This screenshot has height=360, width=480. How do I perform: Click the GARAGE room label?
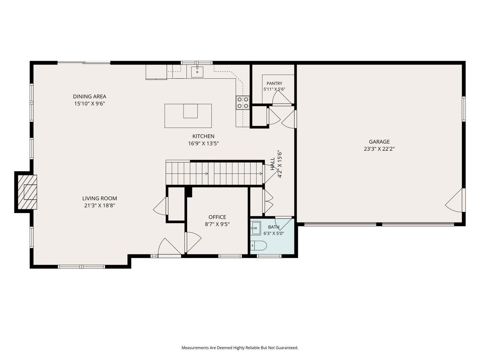[379, 142]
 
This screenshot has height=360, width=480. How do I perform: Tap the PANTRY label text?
[274, 83]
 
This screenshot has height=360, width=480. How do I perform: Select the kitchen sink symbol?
[197, 72]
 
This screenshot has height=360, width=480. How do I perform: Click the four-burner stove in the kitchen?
[243, 102]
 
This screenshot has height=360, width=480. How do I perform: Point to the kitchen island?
[188, 115]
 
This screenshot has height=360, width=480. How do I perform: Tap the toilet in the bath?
[258, 246]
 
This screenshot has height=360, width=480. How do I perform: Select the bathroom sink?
[256, 228]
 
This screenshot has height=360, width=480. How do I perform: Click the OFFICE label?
[217, 217]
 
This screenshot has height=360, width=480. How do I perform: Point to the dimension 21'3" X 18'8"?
[100, 205]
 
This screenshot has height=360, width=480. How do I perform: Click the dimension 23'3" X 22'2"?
[379, 149]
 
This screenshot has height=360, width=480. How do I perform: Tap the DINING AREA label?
[90, 96]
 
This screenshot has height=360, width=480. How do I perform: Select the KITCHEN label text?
[203, 136]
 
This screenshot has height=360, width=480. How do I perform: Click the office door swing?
[193, 242]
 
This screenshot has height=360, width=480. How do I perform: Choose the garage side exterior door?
[455, 200]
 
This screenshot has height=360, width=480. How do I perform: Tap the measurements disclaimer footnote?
[240, 348]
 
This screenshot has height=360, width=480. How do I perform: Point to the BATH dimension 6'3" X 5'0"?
[274, 233]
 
